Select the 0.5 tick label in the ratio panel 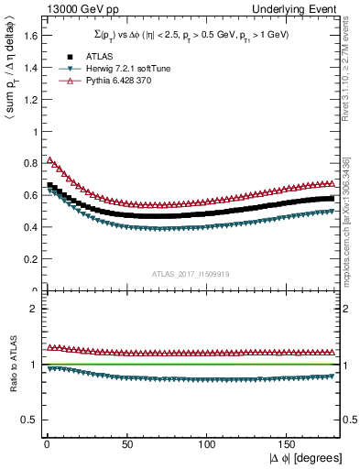27,420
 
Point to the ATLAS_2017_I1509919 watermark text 190,272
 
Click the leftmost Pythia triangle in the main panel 49,159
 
